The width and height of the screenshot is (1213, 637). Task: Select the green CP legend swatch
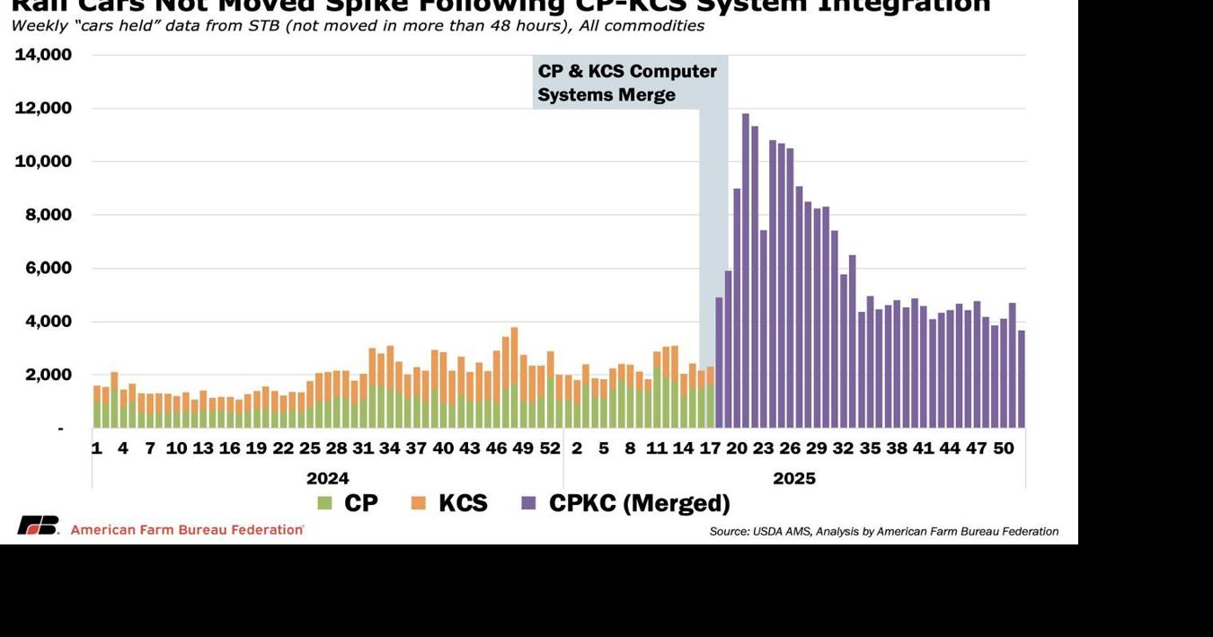324,504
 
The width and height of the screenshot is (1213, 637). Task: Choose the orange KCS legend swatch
418,504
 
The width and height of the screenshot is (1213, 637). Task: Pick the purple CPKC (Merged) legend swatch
528,504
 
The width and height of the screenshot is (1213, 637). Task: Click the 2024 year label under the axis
327,478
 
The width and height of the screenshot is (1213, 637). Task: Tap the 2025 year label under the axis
794,478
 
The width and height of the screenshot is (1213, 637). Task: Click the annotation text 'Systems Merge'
606,95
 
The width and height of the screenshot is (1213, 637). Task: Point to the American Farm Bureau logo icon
38,526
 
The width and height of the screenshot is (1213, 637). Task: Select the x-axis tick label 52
550,447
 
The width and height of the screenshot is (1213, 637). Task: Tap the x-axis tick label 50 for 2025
1004,447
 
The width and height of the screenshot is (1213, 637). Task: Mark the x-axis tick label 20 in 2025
737,447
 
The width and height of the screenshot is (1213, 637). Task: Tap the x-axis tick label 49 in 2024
523,447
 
